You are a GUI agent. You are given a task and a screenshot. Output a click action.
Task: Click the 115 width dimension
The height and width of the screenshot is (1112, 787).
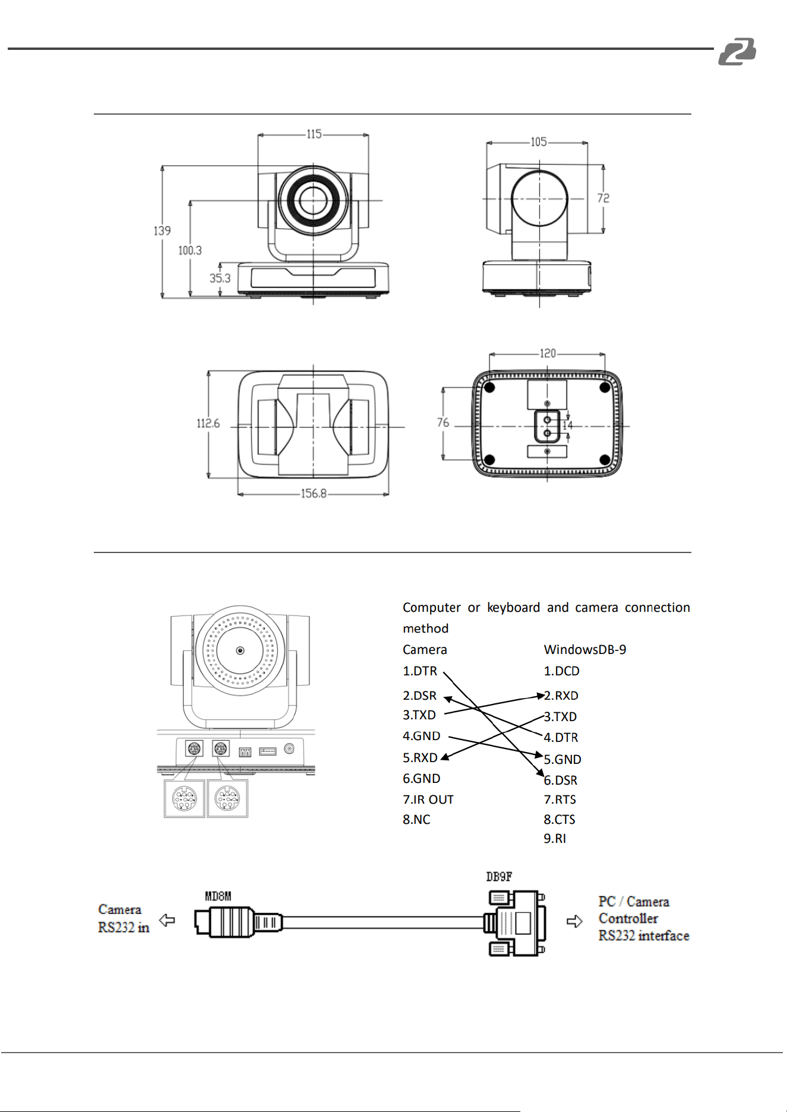[314, 134]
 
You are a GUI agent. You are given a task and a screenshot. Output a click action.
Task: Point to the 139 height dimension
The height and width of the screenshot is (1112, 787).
[162, 230]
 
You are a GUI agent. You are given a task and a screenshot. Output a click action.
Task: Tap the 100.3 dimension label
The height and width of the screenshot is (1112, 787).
[190, 251]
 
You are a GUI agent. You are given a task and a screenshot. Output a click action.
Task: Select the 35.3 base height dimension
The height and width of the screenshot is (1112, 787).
[220, 278]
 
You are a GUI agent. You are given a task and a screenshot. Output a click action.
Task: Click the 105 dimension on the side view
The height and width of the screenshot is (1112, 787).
[539, 142]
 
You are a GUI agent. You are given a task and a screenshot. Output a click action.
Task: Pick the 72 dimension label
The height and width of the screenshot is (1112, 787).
[603, 198]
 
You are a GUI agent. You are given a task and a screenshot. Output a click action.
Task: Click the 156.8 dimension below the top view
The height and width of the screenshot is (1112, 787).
[314, 494]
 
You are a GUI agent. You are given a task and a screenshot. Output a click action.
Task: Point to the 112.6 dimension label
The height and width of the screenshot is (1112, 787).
[208, 424]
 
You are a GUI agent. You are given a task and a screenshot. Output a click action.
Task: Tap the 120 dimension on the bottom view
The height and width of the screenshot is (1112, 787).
[548, 353]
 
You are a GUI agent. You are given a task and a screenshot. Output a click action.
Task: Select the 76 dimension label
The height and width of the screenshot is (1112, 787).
[443, 422]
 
